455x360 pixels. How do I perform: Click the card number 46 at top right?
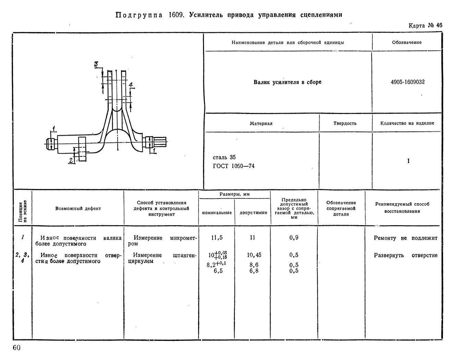[x=439, y=25]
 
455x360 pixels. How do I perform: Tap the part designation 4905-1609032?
[x=408, y=82]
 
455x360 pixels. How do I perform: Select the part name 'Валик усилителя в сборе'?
[x=288, y=82]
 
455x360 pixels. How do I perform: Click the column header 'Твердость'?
[x=345, y=124]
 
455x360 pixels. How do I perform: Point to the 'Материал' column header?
[x=261, y=124]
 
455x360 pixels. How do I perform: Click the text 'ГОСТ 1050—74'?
[x=234, y=166]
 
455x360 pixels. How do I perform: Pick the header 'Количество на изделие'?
[x=407, y=123]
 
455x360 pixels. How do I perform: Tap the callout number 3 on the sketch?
[x=96, y=64]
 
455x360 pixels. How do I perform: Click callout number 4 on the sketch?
[x=131, y=85]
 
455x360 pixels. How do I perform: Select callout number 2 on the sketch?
[x=71, y=160]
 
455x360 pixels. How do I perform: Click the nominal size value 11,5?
[x=217, y=238]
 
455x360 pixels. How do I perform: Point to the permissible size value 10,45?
[x=254, y=255]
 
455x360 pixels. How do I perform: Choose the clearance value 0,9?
[x=294, y=238]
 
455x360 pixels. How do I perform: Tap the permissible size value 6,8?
[x=254, y=271]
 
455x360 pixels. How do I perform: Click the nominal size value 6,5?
[x=218, y=271]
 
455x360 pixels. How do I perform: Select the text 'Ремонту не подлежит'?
[x=406, y=238]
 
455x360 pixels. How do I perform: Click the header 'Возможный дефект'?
[x=78, y=208]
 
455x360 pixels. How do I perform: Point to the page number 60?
[x=17, y=348]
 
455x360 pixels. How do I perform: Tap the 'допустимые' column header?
[x=253, y=212]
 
